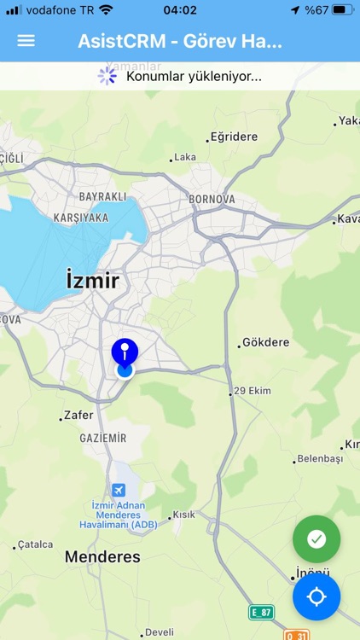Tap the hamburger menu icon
click(26, 40)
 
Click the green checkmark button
click(316, 538)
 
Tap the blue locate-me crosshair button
click(316, 596)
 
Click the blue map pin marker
click(125, 353)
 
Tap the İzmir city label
click(92, 280)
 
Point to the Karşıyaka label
click(81, 218)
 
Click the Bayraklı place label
click(102, 196)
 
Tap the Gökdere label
click(265, 342)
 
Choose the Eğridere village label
click(233, 136)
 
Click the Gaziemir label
click(103, 438)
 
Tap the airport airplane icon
click(118, 489)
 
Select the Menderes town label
click(102, 557)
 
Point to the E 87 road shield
click(261, 612)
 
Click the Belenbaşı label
click(319, 458)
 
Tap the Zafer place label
click(78, 416)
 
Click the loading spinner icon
click(107, 76)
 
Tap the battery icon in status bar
click(342, 10)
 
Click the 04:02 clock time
click(180, 10)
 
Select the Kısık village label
click(183, 515)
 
